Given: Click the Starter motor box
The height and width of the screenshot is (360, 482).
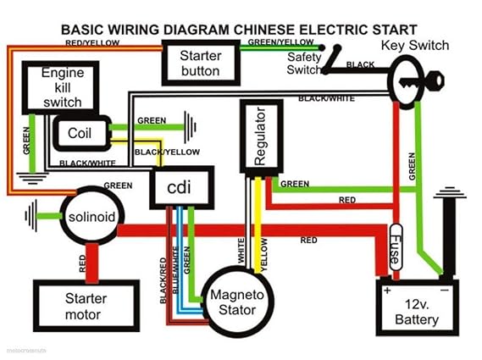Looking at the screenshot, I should (86, 306).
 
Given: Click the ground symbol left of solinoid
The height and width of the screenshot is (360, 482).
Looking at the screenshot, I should (33, 215).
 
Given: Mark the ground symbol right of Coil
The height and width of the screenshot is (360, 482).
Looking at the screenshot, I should (196, 129).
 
